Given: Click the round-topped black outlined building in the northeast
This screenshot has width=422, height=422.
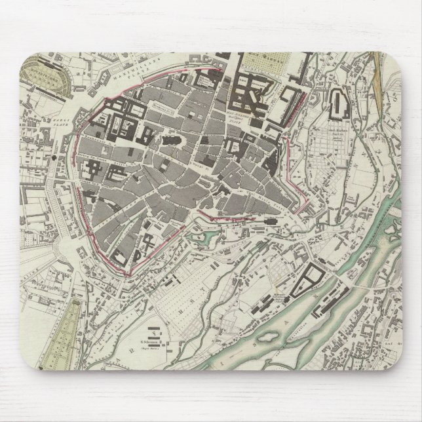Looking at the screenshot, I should click(340, 105).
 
